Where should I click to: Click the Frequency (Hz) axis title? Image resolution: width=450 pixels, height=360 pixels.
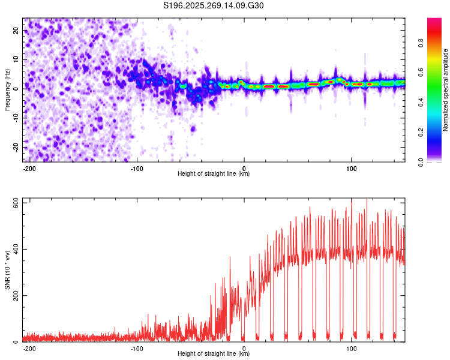coord(7,89)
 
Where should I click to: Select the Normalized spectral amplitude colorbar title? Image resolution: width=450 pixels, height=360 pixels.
coord(446,89)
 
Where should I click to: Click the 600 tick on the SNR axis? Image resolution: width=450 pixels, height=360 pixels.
coord(14,203)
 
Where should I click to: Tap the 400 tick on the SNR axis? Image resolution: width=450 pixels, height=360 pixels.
coord(14,249)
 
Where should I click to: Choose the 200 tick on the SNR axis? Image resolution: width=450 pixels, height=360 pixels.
coord(14,296)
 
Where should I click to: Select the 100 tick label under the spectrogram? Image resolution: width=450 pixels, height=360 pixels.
coord(351,168)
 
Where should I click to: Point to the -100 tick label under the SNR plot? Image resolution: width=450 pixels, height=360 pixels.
coord(137,348)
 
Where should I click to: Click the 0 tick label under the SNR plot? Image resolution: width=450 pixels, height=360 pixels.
coord(244,348)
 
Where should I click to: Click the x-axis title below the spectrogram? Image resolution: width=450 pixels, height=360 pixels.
coord(214,174)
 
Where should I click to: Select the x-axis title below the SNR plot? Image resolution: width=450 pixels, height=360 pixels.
coord(214,354)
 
